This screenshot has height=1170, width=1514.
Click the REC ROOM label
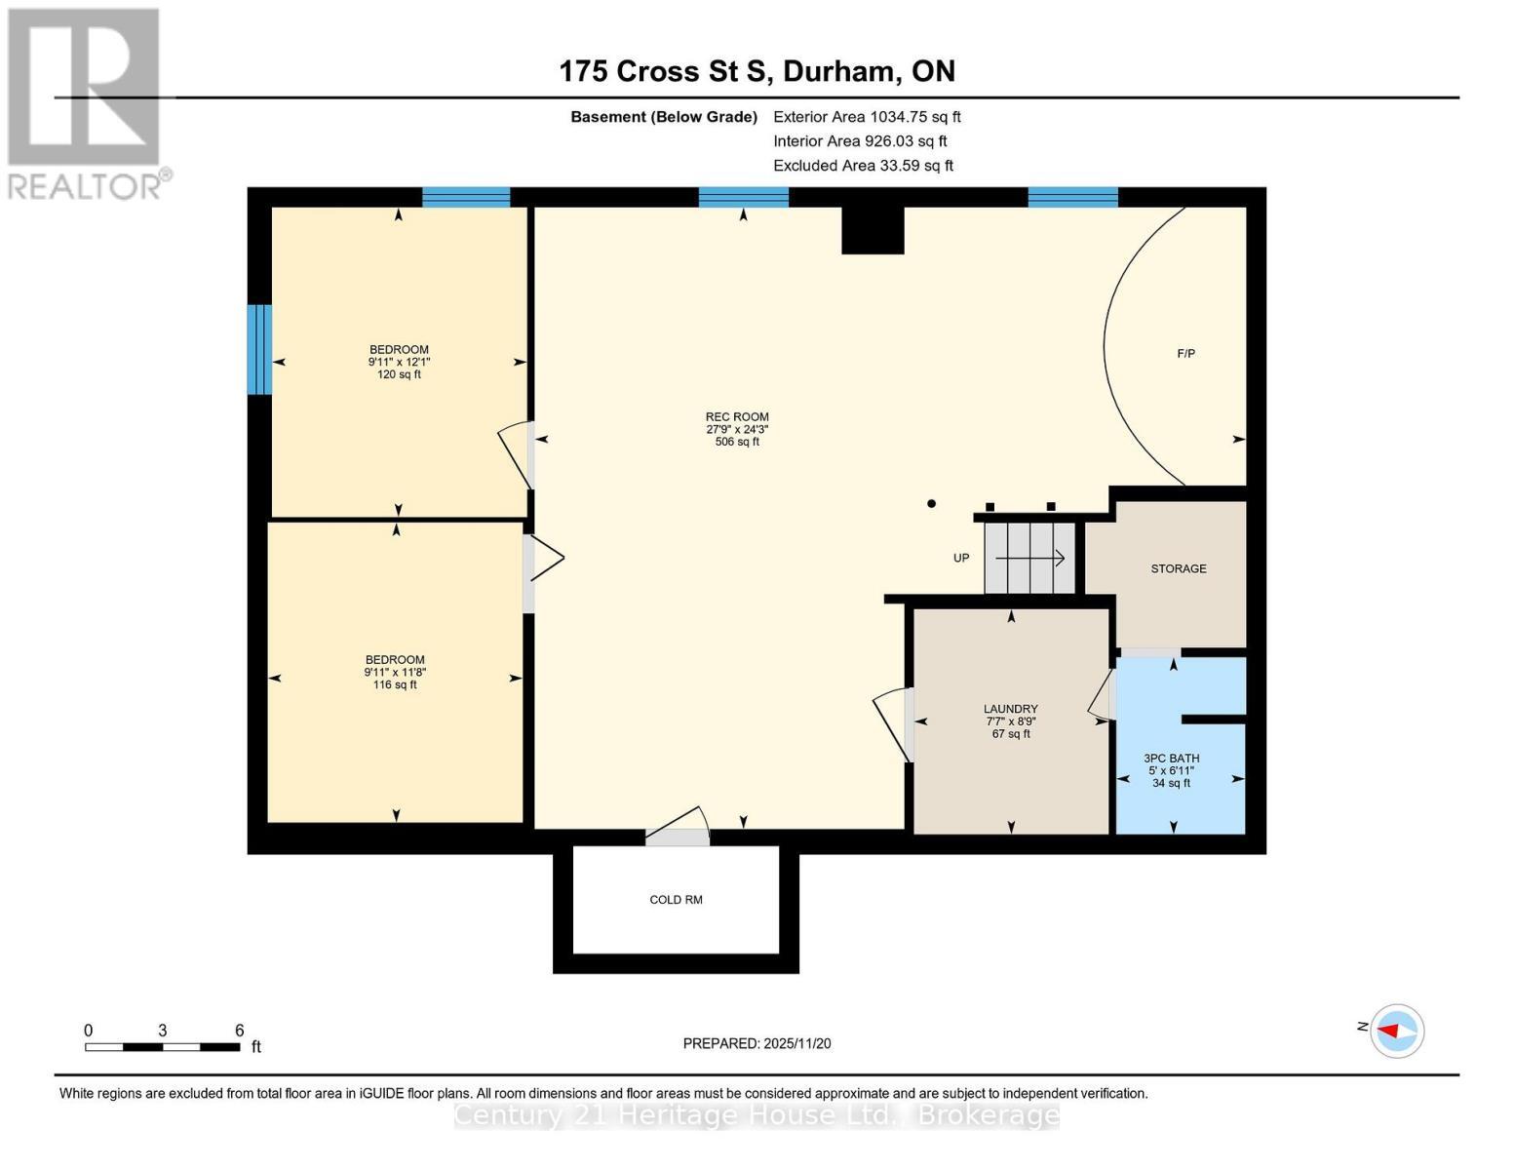click(x=737, y=417)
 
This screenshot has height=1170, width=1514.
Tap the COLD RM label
click(x=676, y=900)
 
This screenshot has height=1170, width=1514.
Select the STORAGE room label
click(x=1178, y=568)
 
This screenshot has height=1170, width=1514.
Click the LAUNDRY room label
click(x=1010, y=709)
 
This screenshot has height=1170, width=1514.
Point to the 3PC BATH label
click(x=1171, y=759)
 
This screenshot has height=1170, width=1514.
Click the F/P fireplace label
click(x=1185, y=354)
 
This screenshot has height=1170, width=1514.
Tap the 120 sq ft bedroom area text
click(x=399, y=374)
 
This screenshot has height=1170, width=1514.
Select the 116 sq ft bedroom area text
click(x=395, y=684)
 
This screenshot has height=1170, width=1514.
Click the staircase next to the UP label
click(x=1029, y=558)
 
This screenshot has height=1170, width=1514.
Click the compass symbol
click(x=1396, y=1031)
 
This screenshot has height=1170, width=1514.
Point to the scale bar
click(x=162, y=1046)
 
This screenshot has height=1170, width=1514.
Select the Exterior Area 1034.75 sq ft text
click(x=867, y=117)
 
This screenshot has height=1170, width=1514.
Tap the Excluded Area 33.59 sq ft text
click(x=863, y=166)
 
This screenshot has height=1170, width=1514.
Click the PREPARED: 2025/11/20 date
click(x=757, y=1043)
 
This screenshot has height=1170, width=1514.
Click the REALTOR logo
click(x=85, y=102)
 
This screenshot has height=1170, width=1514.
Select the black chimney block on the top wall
click(x=873, y=230)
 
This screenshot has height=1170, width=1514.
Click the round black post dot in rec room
click(x=931, y=504)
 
